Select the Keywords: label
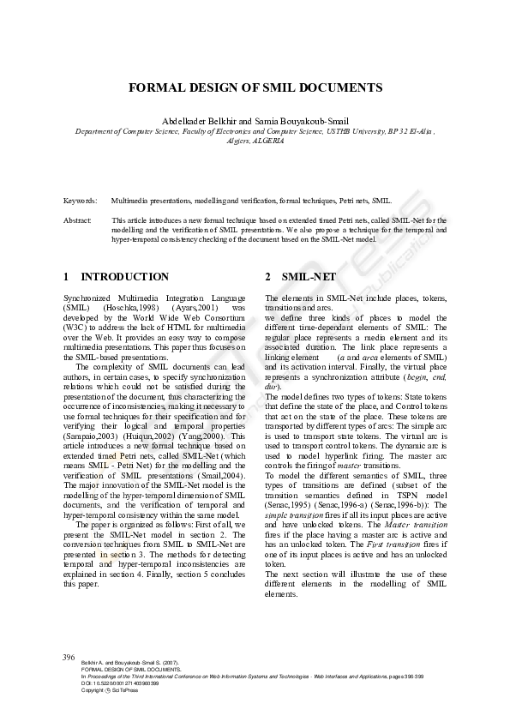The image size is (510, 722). tap(80, 201)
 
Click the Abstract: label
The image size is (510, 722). tap(77, 220)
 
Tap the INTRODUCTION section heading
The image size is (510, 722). tap(124, 277)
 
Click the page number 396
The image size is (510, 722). tap(69, 657)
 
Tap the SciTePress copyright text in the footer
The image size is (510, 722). tap(102, 690)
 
